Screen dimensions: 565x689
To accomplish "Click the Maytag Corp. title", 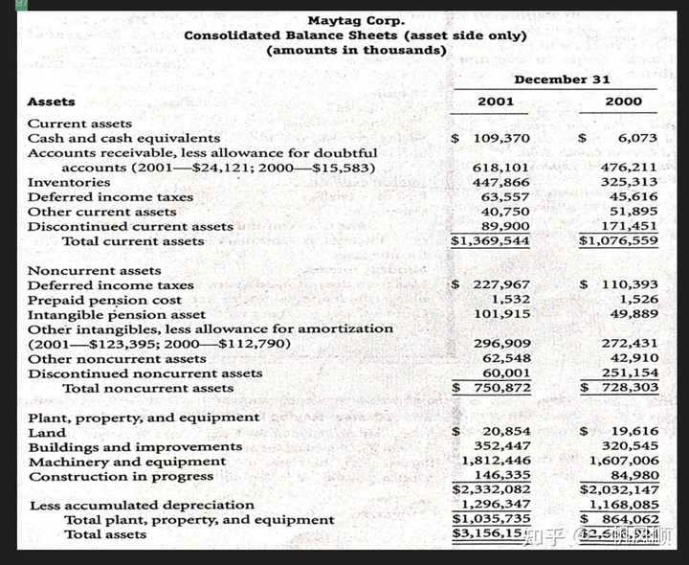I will coord(356,20).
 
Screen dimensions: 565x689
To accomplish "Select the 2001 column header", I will coord(496,101).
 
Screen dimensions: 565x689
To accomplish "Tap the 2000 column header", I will coord(624,101).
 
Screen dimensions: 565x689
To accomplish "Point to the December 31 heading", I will coord(561,79).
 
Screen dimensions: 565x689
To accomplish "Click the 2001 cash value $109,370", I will coord(492,138).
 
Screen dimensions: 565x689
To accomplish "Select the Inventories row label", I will coord(69,182).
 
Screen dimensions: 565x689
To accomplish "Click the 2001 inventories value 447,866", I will coord(501,182).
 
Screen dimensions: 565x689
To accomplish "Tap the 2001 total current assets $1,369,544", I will coord(491,241).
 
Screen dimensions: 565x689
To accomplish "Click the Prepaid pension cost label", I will coord(104,300).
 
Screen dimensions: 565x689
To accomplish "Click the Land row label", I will coord(48,432).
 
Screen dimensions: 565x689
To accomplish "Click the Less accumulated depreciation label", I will coord(143,505).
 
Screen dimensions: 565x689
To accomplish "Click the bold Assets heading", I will coord(52,102).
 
